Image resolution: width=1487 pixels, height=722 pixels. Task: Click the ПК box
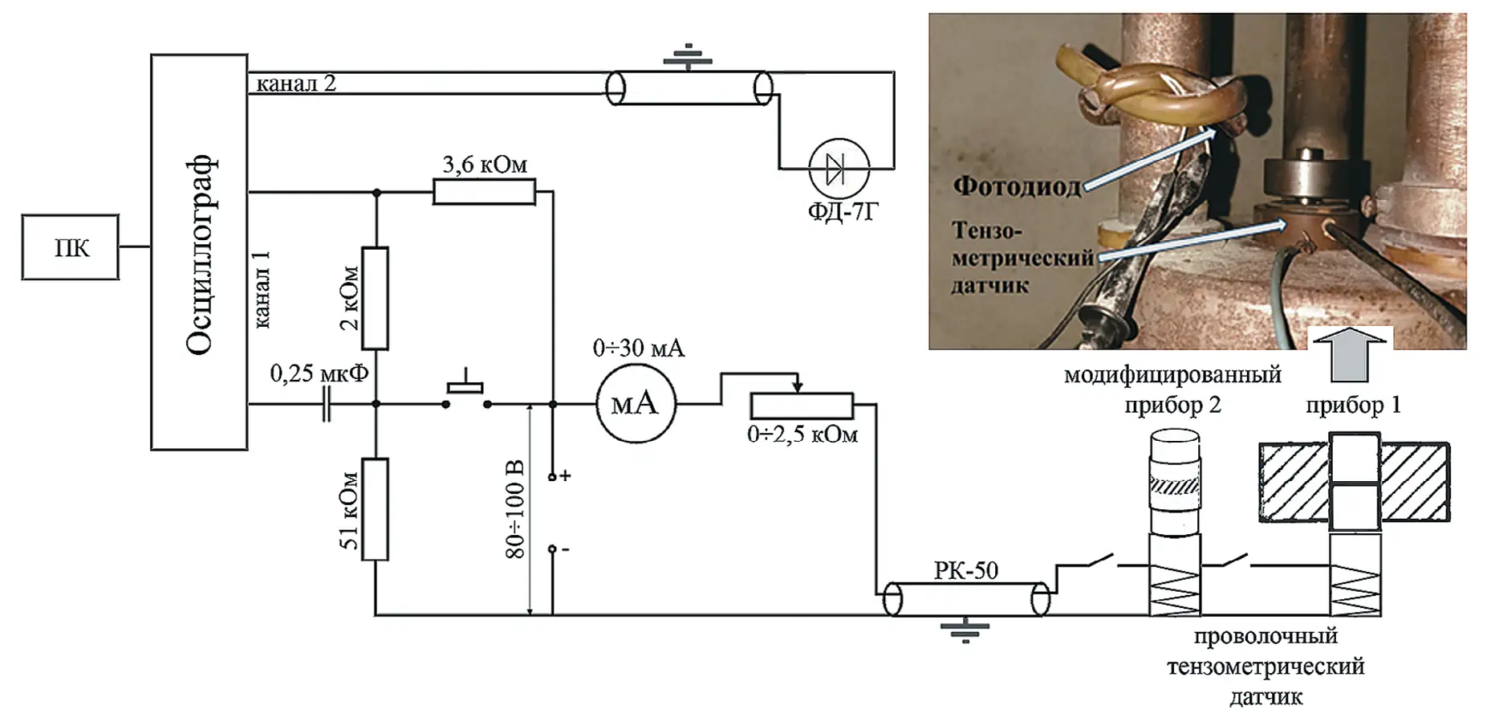click(71, 247)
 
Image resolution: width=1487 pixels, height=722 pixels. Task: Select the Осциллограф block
click(199, 252)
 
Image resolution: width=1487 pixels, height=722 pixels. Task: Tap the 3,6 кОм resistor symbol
click(484, 192)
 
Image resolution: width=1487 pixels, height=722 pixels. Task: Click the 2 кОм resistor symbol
click(375, 298)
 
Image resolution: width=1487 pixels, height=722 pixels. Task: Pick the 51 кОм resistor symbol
click(375, 509)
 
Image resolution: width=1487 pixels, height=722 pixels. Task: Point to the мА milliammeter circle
click(636, 404)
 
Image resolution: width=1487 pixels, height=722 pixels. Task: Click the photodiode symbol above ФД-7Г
click(838, 169)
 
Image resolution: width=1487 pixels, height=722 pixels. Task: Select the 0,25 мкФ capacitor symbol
click(326, 404)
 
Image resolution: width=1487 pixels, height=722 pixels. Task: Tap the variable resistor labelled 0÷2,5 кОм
click(801, 406)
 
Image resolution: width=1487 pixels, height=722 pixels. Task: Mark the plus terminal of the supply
click(552, 477)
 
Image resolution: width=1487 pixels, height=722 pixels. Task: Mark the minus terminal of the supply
click(552, 549)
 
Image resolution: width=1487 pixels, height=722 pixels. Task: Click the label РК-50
click(965, 571)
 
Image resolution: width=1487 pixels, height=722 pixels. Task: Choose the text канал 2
click(295, 84)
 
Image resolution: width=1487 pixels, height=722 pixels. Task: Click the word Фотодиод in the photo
click(1017, 186)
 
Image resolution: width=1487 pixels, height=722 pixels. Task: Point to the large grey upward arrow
click(1350, 353)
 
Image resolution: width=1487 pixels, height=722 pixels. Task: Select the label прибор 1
click(1353, 405)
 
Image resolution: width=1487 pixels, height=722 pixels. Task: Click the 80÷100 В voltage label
click(515, 509)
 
